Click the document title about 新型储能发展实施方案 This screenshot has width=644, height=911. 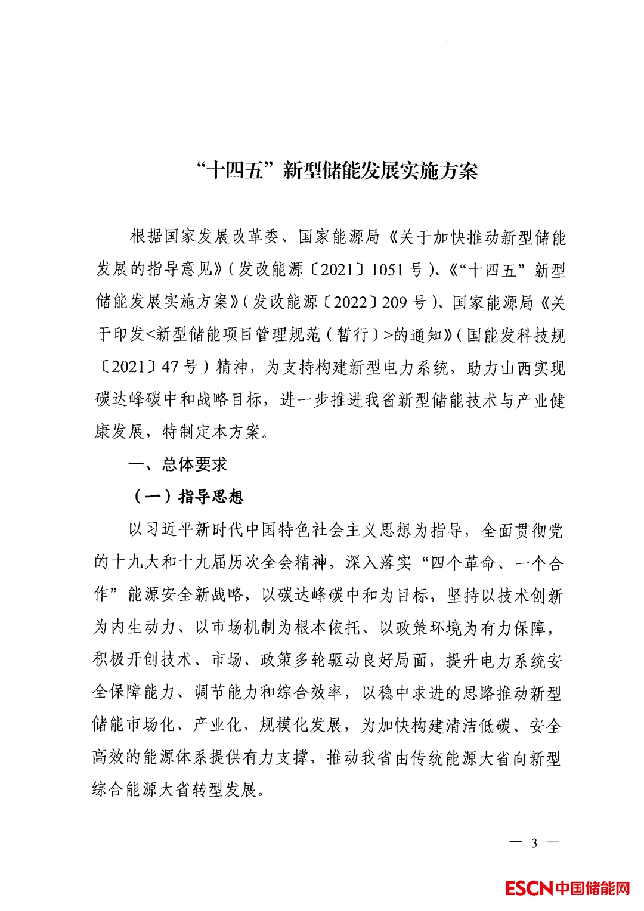tap(337, 171)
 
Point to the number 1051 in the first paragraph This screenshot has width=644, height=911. tap(387, 270)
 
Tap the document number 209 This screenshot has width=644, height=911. tap(394, 303)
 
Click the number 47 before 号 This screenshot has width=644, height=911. tap(169, 367)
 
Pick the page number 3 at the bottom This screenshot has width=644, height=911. tap(534, 842)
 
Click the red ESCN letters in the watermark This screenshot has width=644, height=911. tap(529, 888)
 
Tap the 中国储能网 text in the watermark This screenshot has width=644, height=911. tap(593, 888)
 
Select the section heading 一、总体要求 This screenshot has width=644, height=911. tap(178, 464)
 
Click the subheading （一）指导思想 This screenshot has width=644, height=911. tap(187, 497)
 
